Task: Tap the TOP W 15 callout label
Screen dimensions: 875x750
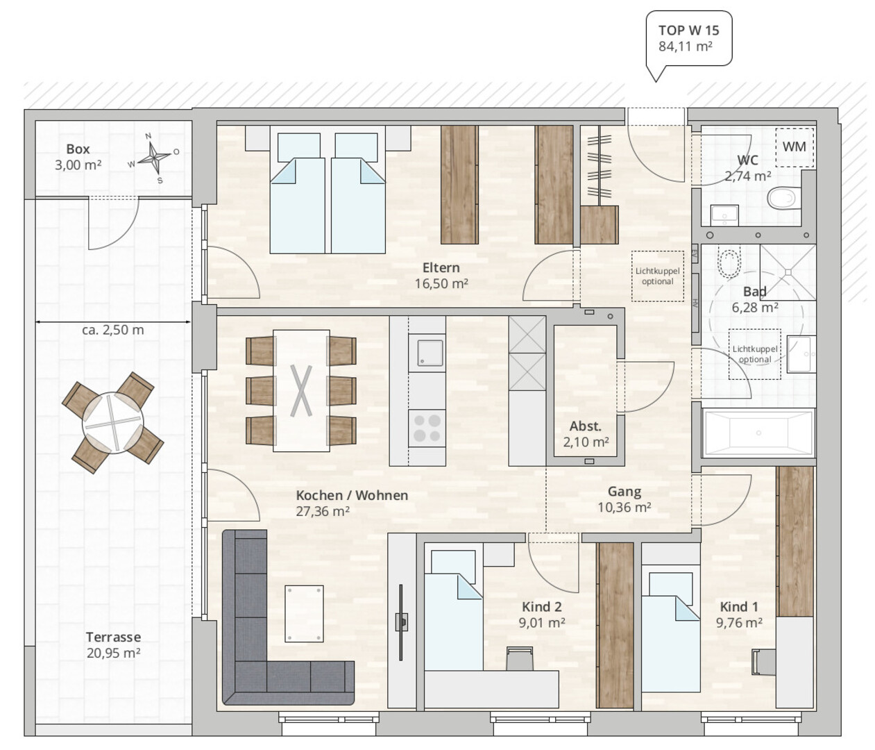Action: (689, 38)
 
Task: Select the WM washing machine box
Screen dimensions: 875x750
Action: (794, 147)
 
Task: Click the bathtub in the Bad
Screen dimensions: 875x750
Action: (758, 433)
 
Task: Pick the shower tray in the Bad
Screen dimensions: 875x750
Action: (788, 272)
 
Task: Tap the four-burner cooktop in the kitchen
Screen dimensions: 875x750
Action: (427, 428)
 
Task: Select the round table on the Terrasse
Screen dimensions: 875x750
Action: (113, 423)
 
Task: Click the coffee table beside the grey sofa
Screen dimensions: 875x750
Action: (304, 613)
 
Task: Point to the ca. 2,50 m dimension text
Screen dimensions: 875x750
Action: (113, 330)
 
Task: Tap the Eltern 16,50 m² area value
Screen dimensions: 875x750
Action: (441, 283)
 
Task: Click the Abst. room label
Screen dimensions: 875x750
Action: (586, 426)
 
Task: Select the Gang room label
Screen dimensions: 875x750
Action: (625, 492)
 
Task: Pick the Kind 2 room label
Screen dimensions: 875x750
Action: (542, 607)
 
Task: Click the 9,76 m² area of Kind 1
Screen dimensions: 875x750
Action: (739, 622)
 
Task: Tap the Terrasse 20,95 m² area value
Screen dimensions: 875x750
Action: (113, 653)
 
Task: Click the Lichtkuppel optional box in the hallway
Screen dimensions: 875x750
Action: (657, 276)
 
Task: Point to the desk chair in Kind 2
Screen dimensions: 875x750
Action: (520, 658)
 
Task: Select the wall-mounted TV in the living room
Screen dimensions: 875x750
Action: (401, 622)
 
